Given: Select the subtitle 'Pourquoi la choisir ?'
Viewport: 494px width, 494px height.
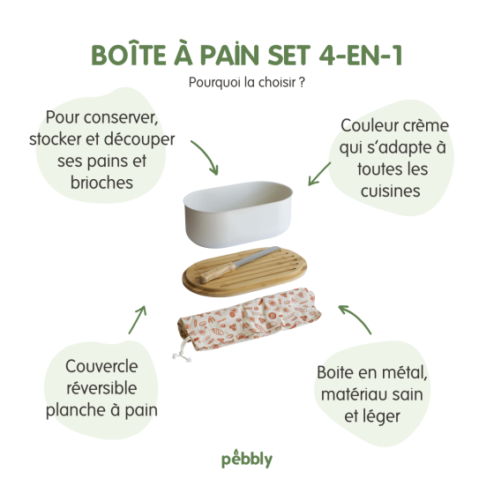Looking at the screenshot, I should click(246, 83).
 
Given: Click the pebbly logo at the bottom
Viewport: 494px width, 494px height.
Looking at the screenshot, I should click(246, 460).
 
